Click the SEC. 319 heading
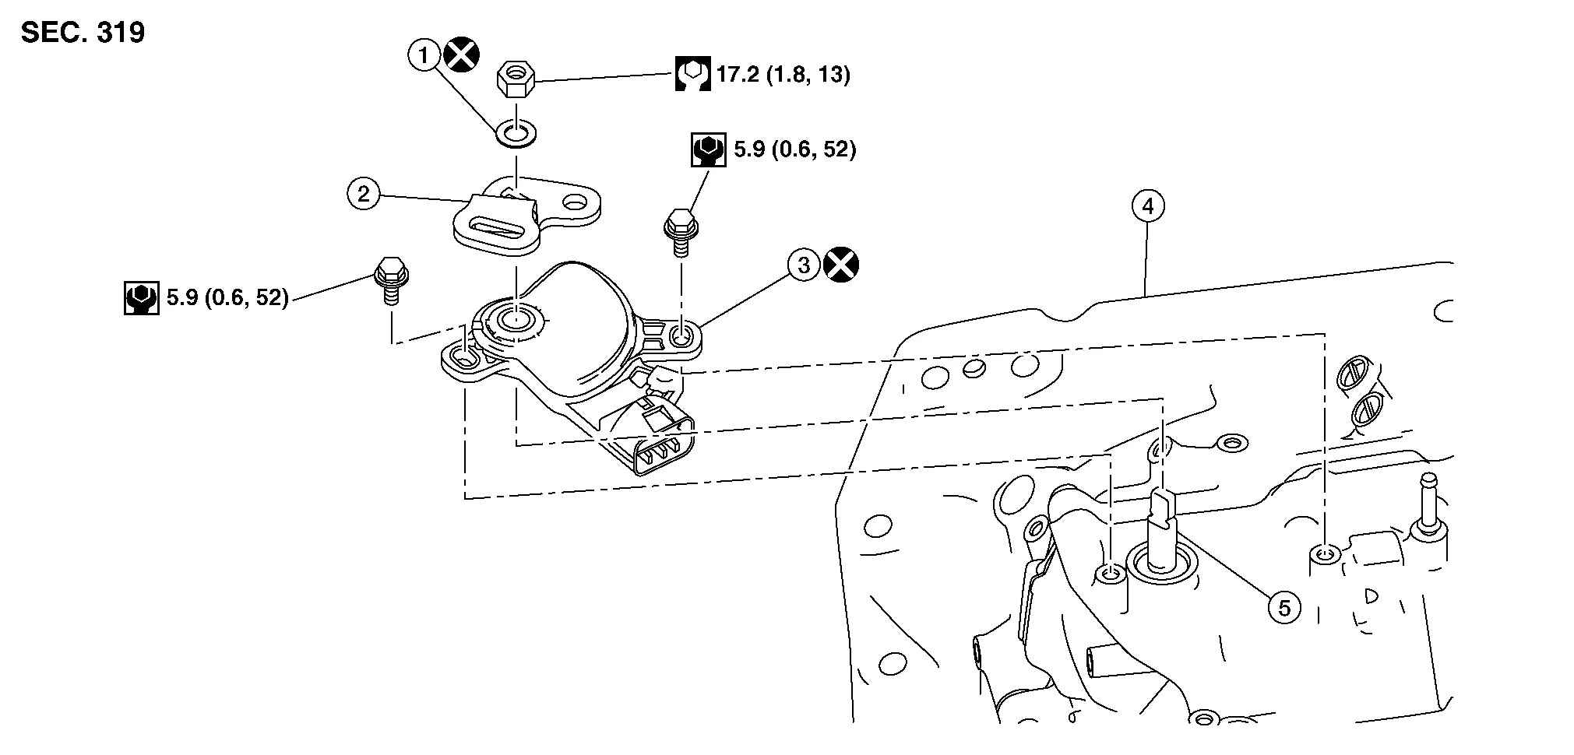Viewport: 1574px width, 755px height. [x=83, y=33]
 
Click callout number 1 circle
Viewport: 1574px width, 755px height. [x=424, y=55]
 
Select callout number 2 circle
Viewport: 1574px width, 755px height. [x=363, y=193]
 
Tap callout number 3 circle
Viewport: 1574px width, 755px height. [x=804, y=265]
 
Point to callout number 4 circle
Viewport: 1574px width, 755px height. [x=1147, y=206]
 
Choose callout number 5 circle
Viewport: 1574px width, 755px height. [x=1283, y=607]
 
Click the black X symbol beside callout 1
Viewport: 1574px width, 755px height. [x=461, y=55]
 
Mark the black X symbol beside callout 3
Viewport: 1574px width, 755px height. [x=841, y=265]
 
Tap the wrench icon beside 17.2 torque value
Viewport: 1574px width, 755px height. [x=692, y=75]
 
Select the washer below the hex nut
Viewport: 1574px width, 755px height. [x=515, y=133]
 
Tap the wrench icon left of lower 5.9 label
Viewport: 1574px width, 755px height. [x=141, y=298]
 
